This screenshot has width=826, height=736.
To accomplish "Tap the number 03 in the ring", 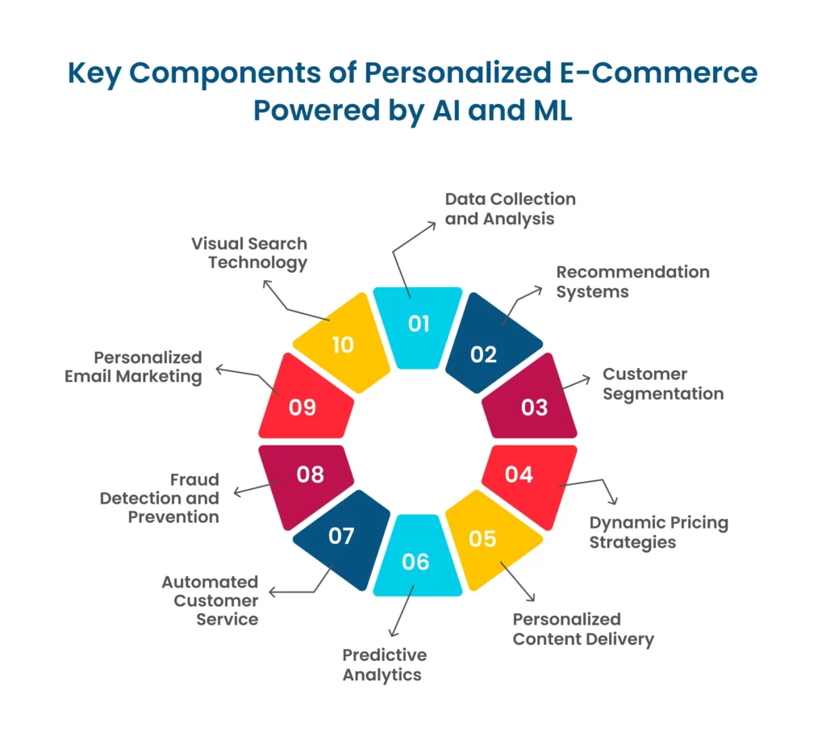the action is coord(535,407).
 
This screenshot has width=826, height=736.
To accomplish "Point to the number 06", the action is coord(415,562).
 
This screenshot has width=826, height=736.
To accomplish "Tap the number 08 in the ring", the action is coord(311,475).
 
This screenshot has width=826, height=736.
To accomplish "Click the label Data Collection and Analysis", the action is coord(511,209).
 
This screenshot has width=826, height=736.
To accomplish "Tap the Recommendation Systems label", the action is coord(632,282).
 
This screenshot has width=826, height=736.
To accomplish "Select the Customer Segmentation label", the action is coord(663,384).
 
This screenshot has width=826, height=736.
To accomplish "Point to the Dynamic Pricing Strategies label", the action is coord(659,532).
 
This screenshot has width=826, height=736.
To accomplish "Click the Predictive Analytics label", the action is coord(385,665).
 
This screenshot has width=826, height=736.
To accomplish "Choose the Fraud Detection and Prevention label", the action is coord(160,498).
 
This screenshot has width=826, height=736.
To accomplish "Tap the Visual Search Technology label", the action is coord(249,253).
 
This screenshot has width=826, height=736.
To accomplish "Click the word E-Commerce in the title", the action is coord(658,73).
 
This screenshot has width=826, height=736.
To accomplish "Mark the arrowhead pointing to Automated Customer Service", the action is coord(272,592).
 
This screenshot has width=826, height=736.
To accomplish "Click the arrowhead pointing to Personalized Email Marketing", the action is coord(219,369).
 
